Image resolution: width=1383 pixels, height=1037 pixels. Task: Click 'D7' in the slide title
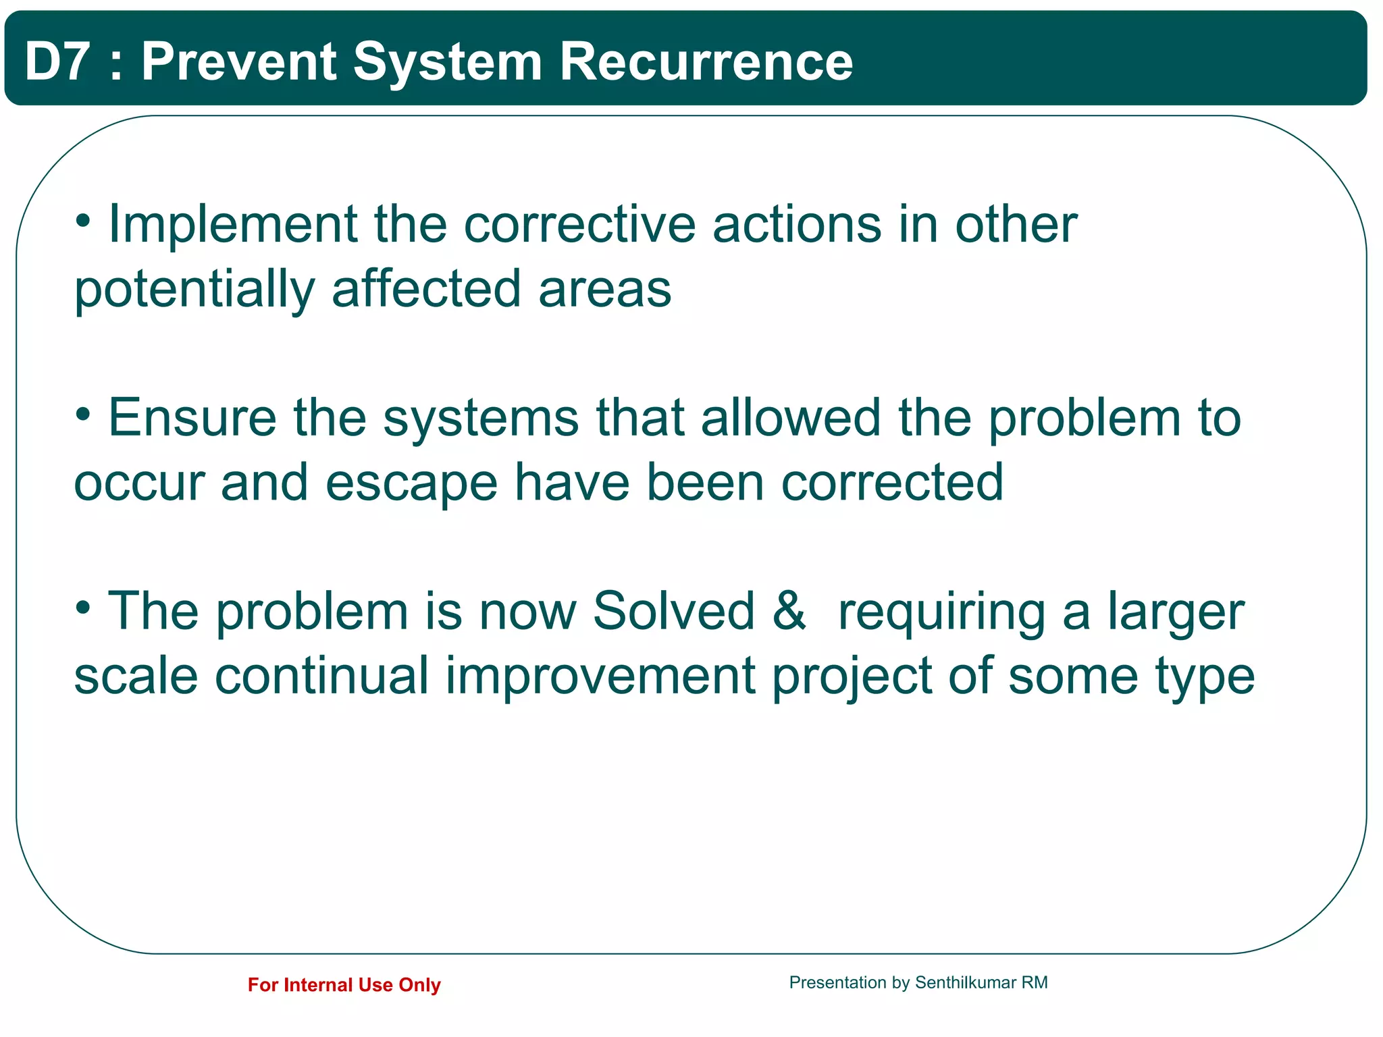point(57,61)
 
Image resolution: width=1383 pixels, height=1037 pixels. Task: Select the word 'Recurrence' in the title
point(706,61)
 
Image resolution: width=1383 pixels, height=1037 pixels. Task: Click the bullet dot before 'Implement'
point(83,220)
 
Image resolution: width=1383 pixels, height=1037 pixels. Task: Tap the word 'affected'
point(426,289)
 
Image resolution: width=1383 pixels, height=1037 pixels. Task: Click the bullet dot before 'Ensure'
point(83,414)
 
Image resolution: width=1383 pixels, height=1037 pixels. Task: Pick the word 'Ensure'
point(192,418)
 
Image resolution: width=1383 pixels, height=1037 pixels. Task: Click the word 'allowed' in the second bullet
point(791,418)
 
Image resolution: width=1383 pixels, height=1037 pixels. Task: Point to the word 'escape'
point(411,483)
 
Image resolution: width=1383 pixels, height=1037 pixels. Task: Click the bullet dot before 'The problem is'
point(83,608)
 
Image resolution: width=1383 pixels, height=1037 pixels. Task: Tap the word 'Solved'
point(673,611)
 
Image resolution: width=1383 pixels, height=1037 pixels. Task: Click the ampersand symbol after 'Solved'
point(789,611)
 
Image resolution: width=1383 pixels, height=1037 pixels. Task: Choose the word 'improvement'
point(600,676)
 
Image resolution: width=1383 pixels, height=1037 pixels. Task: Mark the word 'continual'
point(321,676)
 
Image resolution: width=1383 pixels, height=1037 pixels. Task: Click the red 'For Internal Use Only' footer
point(344,985)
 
